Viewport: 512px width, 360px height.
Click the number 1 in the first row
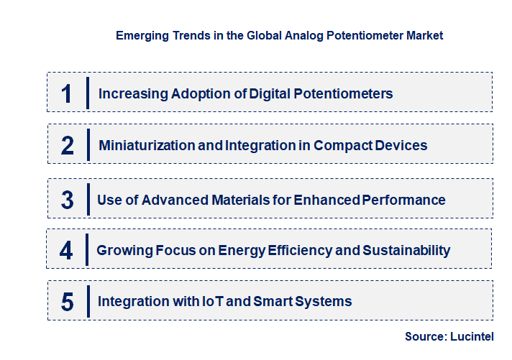tap(66, 93)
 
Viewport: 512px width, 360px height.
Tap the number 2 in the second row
tap(67, 145)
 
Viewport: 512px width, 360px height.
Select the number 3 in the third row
tap(67, 200)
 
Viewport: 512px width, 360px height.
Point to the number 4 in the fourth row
tap(66, 250)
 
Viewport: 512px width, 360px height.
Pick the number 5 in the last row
tap(67, 301)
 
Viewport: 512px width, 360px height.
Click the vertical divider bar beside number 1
tap(87, 93)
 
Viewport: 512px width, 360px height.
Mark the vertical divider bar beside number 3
tap(87, 199)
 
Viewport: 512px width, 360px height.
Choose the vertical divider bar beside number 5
tap(87, 301)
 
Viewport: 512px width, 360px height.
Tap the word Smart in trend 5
tap(273, 301)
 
